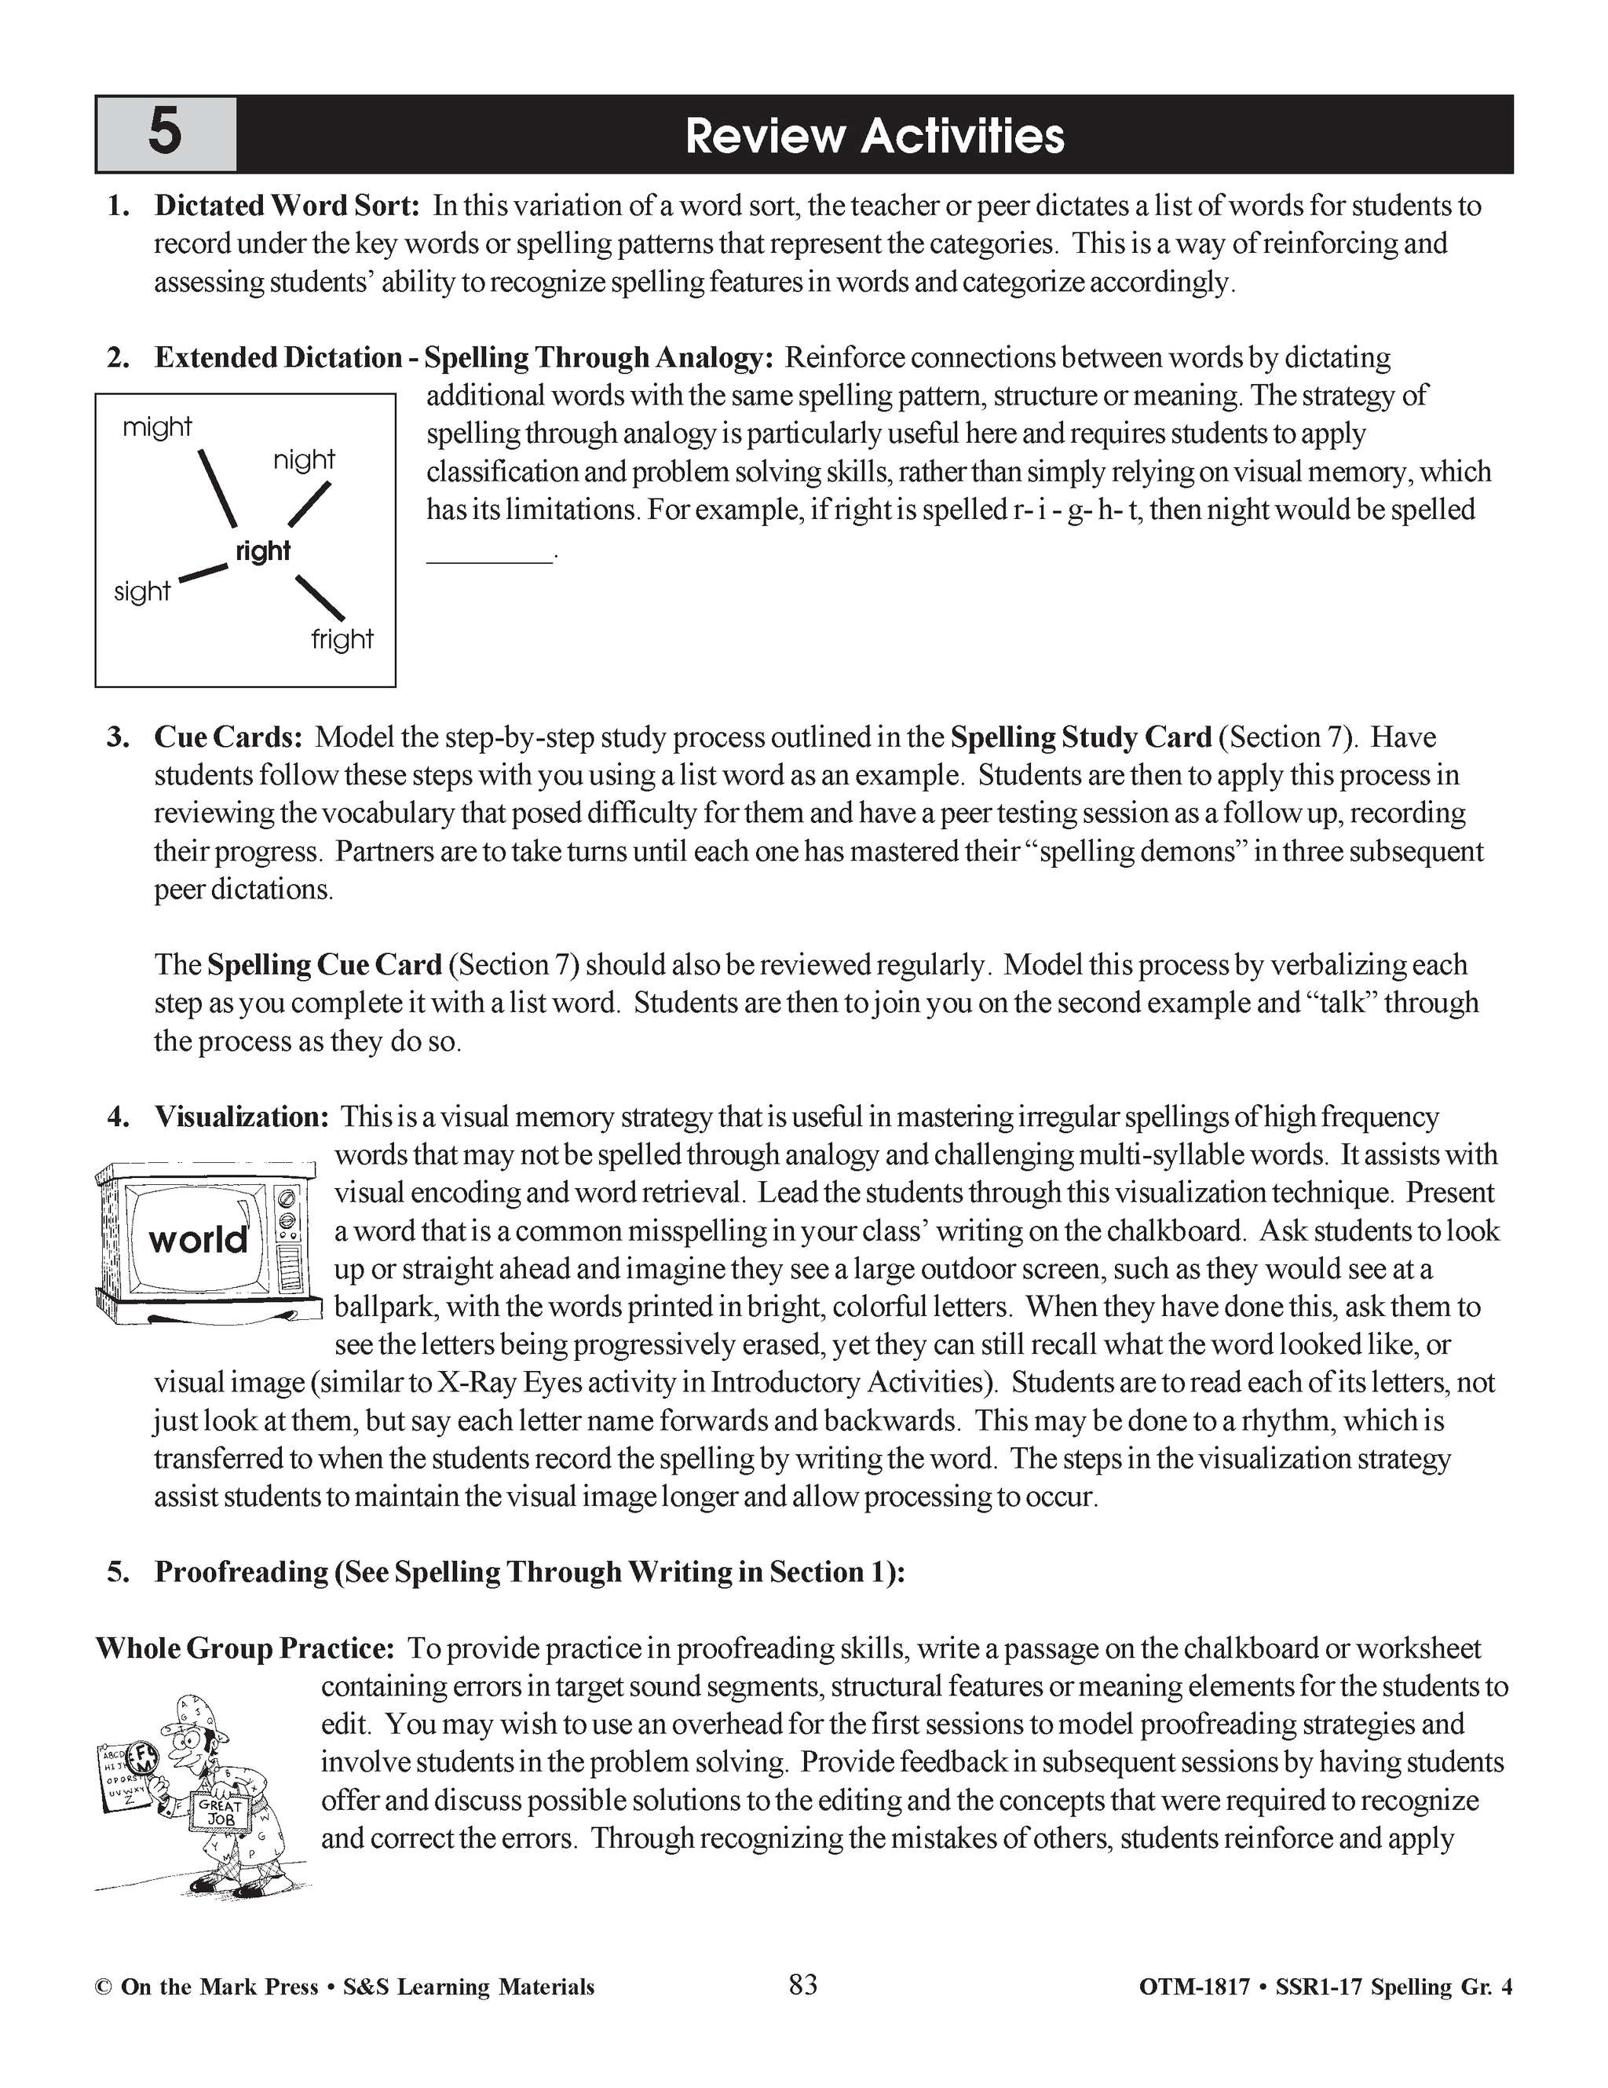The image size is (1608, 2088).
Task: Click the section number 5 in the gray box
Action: click(164, 133)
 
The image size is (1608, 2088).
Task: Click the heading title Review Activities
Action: click(874, 136)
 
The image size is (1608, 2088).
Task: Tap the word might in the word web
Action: click(157, 427)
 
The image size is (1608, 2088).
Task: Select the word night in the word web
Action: click(304, 461)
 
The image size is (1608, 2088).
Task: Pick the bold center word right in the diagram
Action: click(262, 551)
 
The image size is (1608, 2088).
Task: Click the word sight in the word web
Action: click(141, 592)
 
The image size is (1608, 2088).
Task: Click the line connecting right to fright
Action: click(320, 598)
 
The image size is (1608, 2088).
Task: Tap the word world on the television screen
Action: click(198, 1240)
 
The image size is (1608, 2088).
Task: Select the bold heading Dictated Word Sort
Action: click(287, 206)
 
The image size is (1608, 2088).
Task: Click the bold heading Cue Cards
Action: click(228, 737)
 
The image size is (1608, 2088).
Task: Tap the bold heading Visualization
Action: click(242, 1117)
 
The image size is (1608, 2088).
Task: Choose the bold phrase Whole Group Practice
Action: click(245, 1648)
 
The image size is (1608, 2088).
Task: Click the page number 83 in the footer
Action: click(803, 1986)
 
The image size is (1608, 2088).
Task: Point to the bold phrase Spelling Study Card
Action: click(1081, 737)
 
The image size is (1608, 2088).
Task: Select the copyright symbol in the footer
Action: click(102, 1987)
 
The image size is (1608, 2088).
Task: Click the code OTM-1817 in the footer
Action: click(1194, 1987)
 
